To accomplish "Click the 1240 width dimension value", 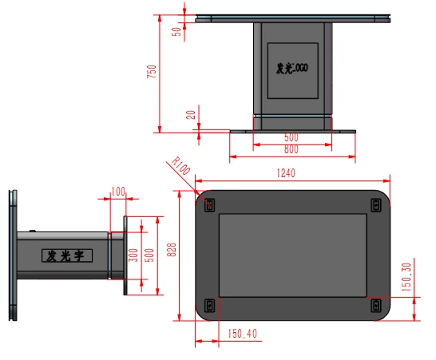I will pos(286,173).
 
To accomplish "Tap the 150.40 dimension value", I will pos(242,334).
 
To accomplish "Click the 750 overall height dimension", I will pos(152,72).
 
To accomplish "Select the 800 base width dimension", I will pos(291,149).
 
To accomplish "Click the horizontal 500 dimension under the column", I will pos(291,137).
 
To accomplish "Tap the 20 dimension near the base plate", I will pos(190,114).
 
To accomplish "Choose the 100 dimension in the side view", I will pos(118,192).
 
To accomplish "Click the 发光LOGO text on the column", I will pos(291,69).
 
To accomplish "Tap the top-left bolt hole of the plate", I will pos(210,205).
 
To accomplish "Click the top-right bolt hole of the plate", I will pos(376,205).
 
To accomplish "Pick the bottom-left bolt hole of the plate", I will pos(210,304).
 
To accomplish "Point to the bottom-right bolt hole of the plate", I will pos(376,304).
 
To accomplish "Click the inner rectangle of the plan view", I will pos(292,255).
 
